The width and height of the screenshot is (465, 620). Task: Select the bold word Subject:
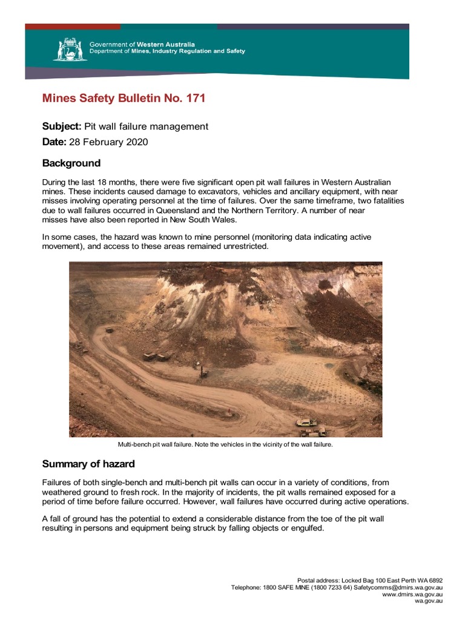(x=61, y=127)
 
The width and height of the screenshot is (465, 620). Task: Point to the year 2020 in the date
(x=137, y=142)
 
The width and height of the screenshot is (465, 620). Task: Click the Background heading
(x=71, y=163)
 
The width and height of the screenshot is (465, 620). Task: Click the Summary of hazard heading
(x=88, y=464)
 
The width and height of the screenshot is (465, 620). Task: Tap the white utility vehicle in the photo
(x=306, y=422)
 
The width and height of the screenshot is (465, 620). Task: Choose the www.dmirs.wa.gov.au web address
(x=412, y=594)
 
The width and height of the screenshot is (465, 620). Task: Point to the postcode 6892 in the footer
(x=434, y=580)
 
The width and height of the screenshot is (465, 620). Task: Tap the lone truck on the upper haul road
(x=110, y=331)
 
